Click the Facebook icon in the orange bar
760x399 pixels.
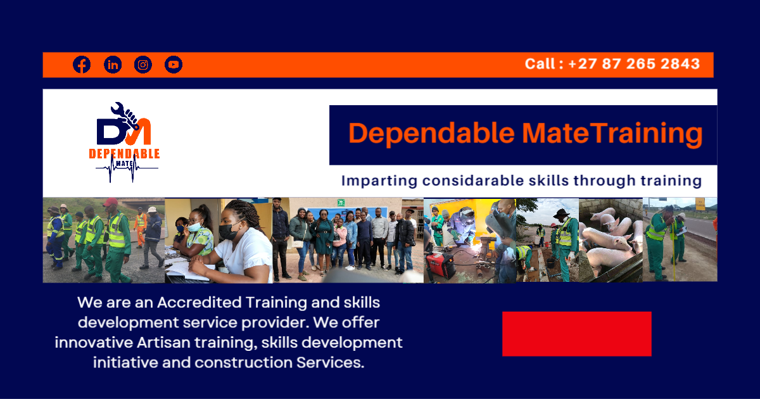(x=82, y=65)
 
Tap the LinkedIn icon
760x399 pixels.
(x=113, y=65)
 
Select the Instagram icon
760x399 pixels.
(x=143, y=65)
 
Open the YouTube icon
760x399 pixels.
(x=174, y=65)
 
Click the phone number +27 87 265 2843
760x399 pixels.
(x=634, y=64)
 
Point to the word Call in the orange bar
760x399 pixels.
(x=540, y=64)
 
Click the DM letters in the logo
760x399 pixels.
(x=123, y=131)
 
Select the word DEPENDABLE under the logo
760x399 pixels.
(x=124, y=154)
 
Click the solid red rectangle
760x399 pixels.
(x=576, y=334)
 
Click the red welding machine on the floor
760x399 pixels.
(x=440, y=264)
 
